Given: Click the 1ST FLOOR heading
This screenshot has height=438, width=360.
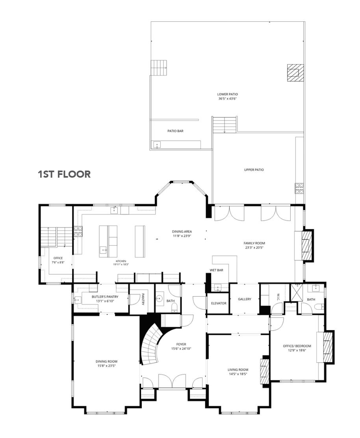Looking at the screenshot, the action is [x=64, y=174].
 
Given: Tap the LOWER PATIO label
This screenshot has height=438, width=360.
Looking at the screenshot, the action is [x=227, y=94].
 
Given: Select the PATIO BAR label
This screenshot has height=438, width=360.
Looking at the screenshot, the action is [x=175, y=131].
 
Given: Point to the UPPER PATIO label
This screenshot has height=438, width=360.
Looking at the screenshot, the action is [x=254, y=169].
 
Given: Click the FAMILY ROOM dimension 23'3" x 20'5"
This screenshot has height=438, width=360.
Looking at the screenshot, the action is [x=254, y=247].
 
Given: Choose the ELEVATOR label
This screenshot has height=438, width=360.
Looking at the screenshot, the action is [x=219, y=303].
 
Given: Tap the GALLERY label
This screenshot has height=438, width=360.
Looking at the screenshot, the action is [x=244, y=299].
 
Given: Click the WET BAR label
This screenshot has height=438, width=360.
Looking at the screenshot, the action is [x=217, y=270].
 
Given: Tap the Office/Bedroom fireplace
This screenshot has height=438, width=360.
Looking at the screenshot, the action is [x=328, y=347].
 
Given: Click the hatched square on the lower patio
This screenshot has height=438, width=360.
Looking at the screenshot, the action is [x=295, y=72].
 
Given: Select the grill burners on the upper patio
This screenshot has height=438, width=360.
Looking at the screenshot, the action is [x=299, y=188].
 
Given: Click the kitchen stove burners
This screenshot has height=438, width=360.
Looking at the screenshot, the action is [x=78, y=231].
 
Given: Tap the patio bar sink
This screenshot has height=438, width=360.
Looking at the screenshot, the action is [x=157, y=145].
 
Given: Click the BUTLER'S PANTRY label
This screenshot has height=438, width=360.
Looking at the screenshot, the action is [x=105, y=297].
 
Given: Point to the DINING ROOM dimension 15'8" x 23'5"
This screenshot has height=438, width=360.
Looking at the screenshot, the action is [x=106, y=366].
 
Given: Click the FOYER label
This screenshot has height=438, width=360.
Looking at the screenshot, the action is [x=181, y=344].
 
